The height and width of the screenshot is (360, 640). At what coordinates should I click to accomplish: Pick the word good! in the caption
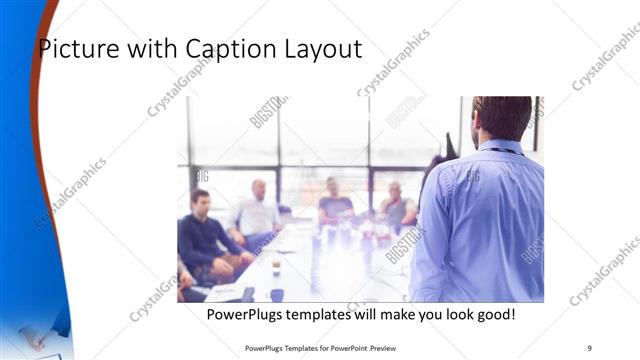click(x=495, y=314)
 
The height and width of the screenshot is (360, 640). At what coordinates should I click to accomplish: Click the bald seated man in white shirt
click(x=256, y=212)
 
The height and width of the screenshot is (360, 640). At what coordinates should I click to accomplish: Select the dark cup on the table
click(x=276, y=294)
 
